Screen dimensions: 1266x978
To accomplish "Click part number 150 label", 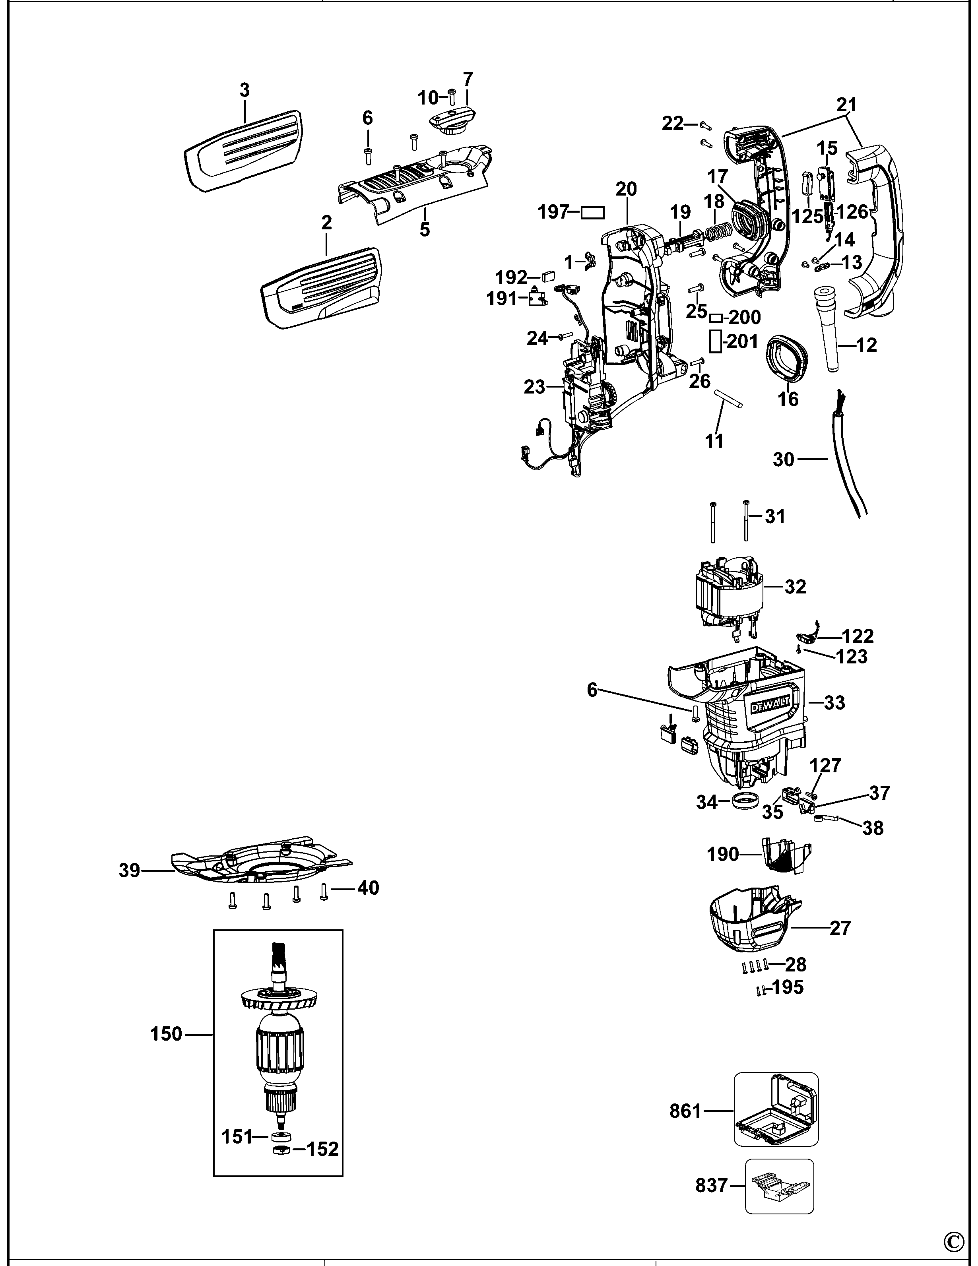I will (x=167, y=1034).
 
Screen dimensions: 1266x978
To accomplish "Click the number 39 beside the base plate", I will (x=130, y=870).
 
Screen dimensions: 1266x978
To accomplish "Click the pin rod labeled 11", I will (x=728, y=398).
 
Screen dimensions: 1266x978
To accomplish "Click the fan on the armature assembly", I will (x=279, y=1000).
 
